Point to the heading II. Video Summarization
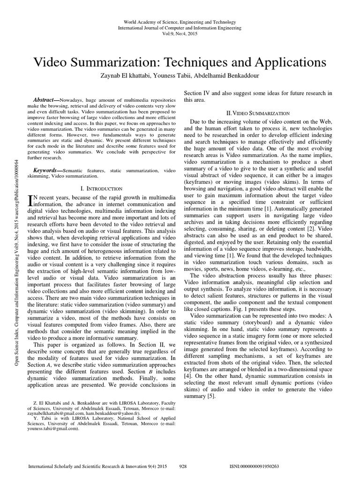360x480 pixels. tap(257, 113)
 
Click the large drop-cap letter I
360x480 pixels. tap(31, 201)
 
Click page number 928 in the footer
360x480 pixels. tap(185, 467)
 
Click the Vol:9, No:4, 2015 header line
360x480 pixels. tap(180, 34)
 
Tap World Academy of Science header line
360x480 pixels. tap(180, 22)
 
